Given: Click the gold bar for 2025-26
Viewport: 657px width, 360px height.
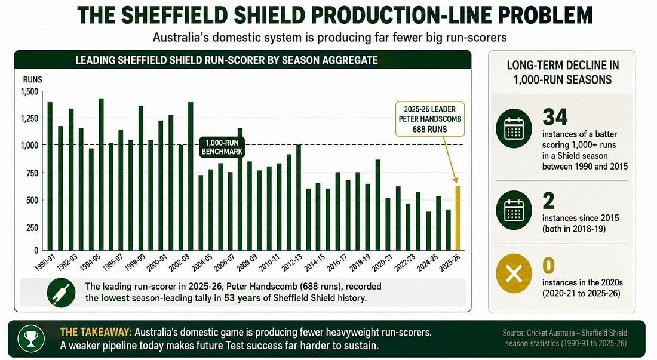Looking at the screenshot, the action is [x=458, y=218].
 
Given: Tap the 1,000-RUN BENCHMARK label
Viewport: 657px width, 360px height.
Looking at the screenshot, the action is [x=222, y=147].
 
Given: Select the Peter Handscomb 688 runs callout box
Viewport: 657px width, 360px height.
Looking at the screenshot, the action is [x=430, y=119].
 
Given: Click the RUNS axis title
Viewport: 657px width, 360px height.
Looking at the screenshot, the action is [x=32, y=79].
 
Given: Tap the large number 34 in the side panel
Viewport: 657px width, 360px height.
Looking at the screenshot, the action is [x=555, y=117].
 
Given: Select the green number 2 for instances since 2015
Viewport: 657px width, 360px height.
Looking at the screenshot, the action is [x=548, y=201].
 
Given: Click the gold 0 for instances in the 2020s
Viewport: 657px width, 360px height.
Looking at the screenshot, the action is [x=548, y=266].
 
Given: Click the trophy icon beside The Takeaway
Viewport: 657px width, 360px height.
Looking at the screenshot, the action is [x=31, y=339].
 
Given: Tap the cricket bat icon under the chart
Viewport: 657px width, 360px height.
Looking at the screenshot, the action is [x=61, y=293].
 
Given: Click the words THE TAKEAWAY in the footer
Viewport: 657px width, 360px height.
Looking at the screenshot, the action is [x=96, y=332].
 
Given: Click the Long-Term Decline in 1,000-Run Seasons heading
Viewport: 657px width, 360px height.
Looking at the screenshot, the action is [x=563, y=72].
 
